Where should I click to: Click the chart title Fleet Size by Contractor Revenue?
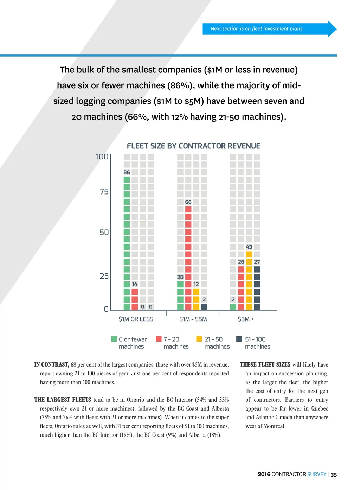coord(193,146)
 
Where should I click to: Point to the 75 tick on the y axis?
coord(104,192)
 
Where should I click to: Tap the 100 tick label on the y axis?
coord(102,157)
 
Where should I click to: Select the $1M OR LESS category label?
coord(136,319)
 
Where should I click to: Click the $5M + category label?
coord(246,319)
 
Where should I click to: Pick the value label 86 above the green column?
coord(127,172)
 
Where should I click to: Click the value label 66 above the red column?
coord(188,202)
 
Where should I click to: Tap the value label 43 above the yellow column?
coord(249,247)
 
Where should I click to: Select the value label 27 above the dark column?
coord(257,262)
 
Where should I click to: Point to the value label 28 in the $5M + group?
coord(241,262)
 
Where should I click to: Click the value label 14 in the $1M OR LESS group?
coord(135,284)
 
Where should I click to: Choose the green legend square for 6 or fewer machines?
coord(114,339)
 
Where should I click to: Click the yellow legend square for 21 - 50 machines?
coord(199,339)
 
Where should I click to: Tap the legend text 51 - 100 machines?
coord(257,343)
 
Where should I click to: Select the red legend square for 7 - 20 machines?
coord(159,339)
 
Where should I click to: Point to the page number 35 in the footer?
coord(334,475)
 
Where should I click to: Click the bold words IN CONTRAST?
coord(52,364)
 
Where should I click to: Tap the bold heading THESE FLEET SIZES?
coord(265,364)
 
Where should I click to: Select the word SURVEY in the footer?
coord(317,474)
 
